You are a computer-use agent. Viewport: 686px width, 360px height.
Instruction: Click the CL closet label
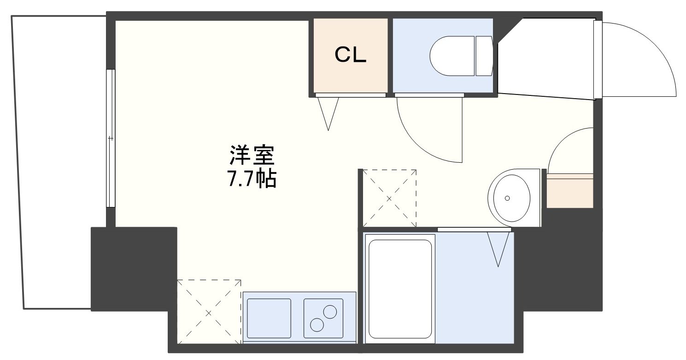pos(350,55)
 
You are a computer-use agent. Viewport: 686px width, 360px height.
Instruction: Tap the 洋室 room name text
pos(252,155)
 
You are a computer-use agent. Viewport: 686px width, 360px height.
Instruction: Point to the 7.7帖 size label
pos(252,178)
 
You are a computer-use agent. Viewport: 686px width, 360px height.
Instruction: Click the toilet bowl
pos(452,56)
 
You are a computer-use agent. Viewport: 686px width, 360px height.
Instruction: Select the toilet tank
pos(484,56)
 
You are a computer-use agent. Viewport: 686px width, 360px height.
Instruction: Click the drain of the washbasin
pos(507,198)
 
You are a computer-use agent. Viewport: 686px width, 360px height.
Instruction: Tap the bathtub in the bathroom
pos(400,289)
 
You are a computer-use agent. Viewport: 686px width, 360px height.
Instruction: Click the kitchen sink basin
pos(269,319)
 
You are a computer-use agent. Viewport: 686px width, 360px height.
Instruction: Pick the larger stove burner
pos(330,312)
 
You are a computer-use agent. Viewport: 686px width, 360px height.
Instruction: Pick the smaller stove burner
pos(317,325)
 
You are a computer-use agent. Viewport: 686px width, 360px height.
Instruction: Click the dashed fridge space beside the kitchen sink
pos(209,312)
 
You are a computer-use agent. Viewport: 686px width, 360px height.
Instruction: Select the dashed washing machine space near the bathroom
pos(389,199)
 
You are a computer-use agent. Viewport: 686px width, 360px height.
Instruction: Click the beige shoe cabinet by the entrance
pos(570,190)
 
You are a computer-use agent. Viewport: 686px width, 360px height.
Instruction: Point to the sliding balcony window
pos(111,138)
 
